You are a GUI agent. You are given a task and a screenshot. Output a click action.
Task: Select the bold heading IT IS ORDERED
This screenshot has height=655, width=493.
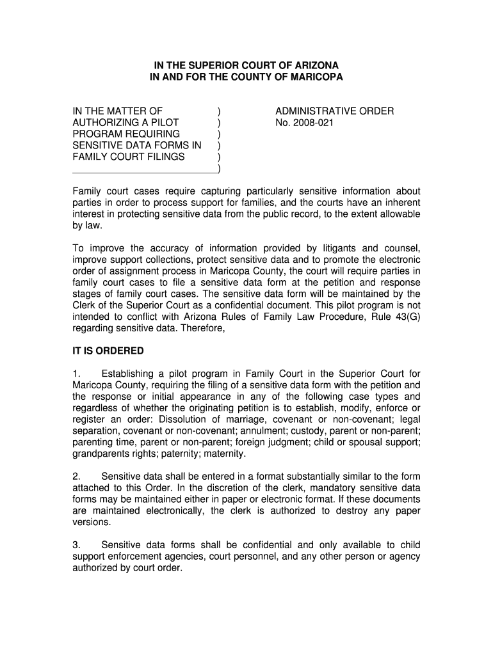click(108, 351)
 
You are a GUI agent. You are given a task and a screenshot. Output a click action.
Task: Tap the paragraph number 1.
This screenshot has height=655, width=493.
click(76, 374)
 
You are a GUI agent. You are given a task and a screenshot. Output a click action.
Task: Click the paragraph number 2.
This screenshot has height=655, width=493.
click(76, 477)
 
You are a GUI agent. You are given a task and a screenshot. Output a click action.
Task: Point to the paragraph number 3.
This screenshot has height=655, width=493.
click(76, 545)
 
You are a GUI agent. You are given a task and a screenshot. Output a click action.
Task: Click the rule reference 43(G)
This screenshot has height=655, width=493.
click(407, 317)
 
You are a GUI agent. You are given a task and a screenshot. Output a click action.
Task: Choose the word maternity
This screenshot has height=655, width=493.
click(223, 454)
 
